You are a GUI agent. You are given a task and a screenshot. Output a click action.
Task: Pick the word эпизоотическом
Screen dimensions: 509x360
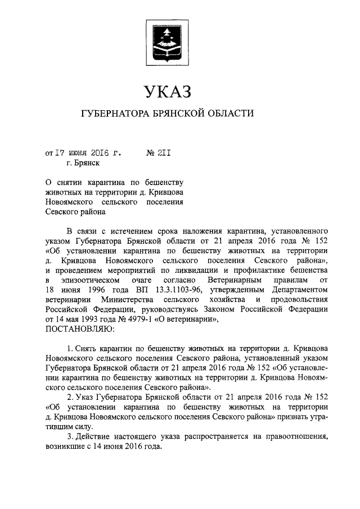tap(92, 280)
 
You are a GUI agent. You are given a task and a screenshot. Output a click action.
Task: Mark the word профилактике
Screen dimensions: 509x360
tap(253, 269)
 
